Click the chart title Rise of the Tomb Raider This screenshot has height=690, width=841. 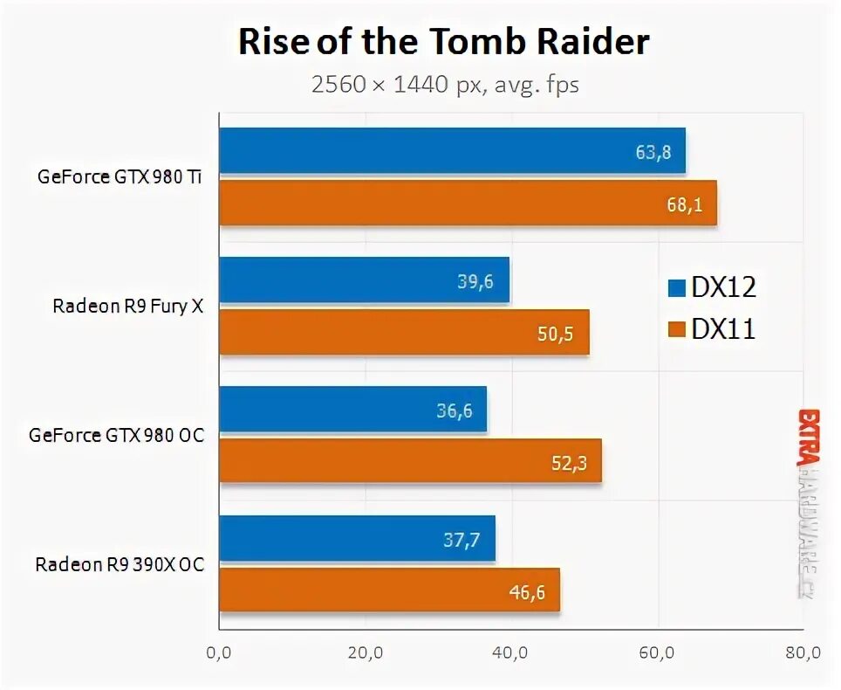coord(444,42)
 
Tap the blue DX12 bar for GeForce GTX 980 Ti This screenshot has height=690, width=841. coord(452,150)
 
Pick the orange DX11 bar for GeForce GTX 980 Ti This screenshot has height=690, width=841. coord(468,203)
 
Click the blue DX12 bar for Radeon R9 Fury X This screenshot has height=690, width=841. coord(364,279)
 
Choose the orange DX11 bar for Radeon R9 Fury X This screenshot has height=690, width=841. coord(404,332)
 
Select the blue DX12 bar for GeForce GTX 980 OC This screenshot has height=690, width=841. coord(352,409)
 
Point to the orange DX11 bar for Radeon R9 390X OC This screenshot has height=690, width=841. coord(389,590)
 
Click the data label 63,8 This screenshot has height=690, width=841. coord(653,152)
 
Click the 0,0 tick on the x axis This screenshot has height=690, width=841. coord(219,652)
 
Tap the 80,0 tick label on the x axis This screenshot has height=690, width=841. coord(803,652)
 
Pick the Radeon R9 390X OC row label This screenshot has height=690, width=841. coord(120,564)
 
